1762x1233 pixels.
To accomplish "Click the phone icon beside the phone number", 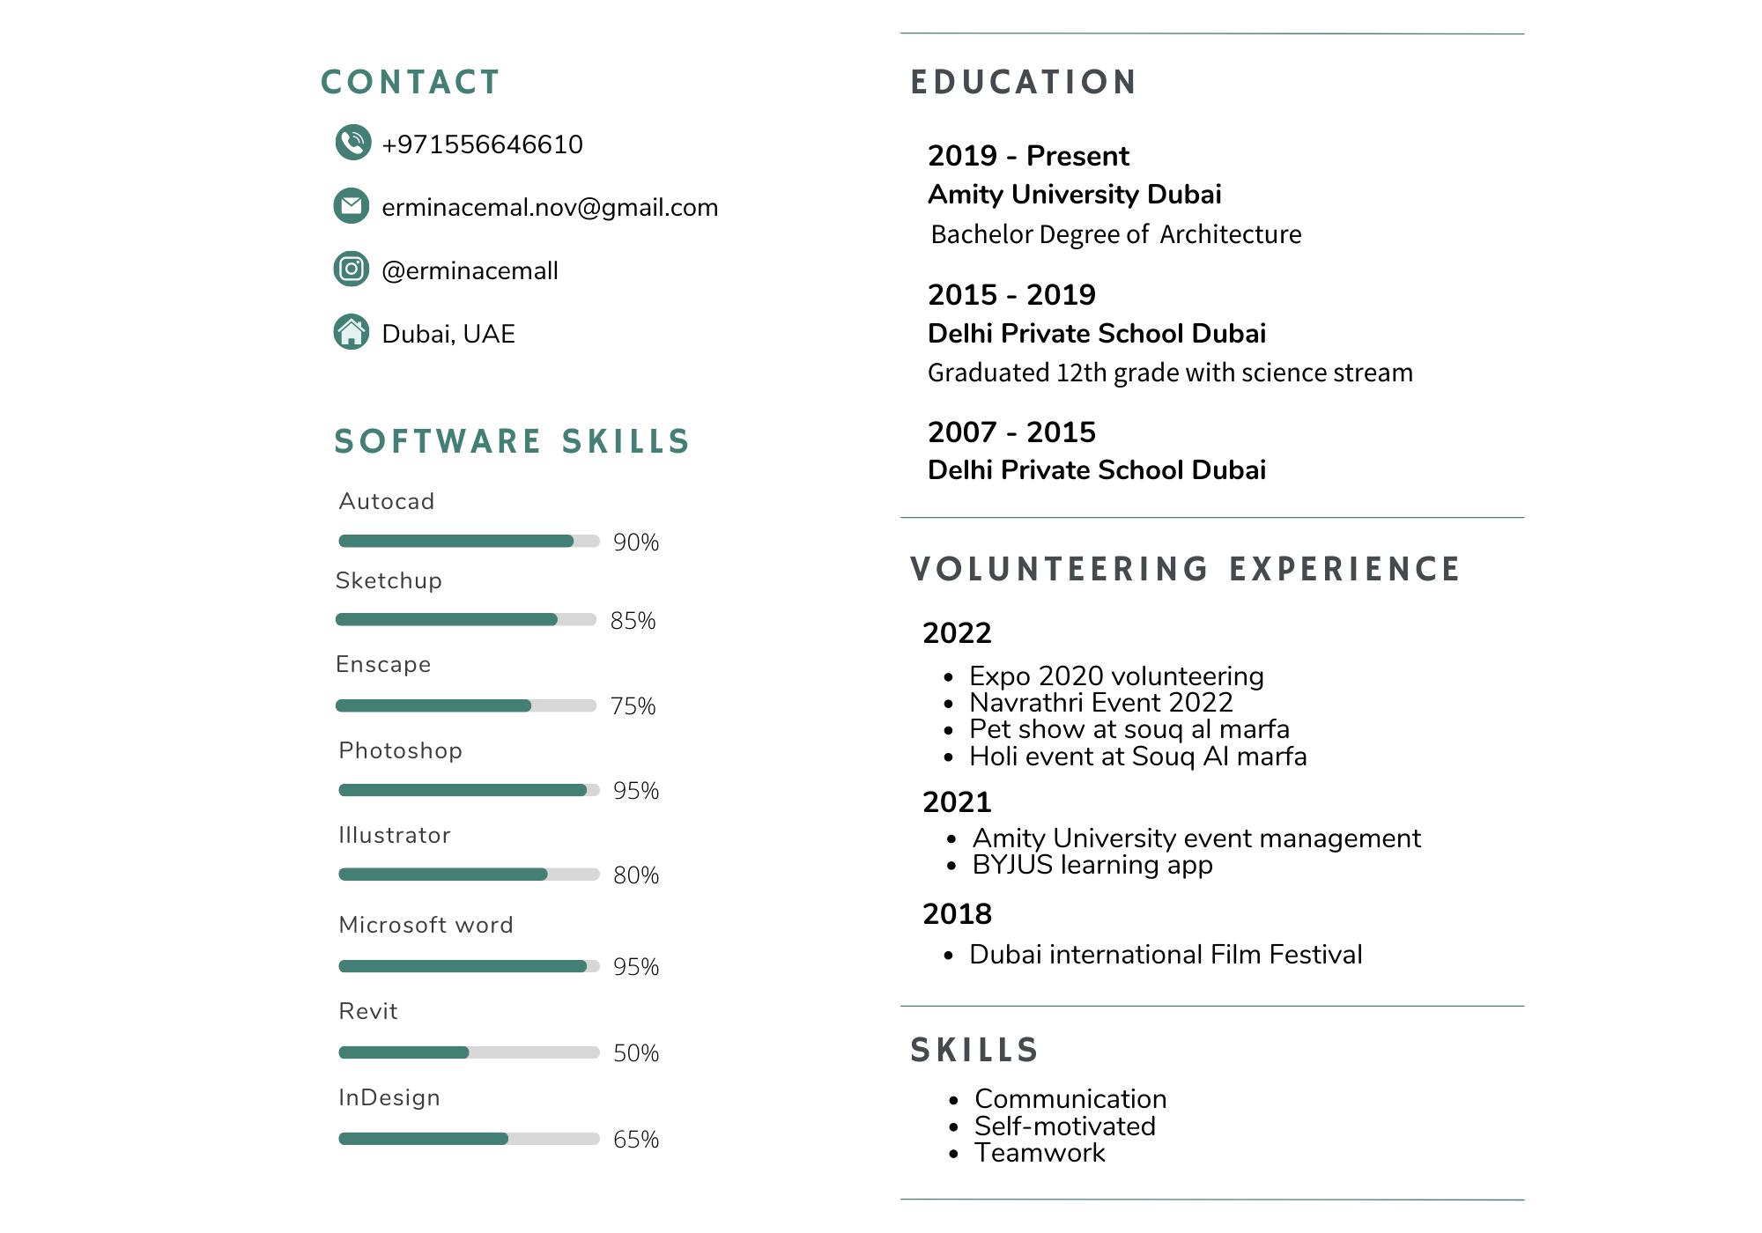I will [352, 143].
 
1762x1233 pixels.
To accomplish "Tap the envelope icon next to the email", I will [352, 206].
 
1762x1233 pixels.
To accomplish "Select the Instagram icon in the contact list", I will [352, 269].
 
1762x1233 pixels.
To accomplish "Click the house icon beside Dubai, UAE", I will [352, 333].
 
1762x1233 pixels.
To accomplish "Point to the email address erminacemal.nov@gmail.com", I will [550, 208].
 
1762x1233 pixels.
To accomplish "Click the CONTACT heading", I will [411, 83].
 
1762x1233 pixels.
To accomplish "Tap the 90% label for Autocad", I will [636, 543].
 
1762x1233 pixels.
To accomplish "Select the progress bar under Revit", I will [469, 1052].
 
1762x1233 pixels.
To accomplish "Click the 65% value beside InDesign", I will [636, 1140].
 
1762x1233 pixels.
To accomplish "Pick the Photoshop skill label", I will [401, 751].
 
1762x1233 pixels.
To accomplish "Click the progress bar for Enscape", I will [466, 705].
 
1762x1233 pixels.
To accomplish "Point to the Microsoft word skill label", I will [426, 926].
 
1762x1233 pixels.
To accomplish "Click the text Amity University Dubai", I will [1074, 195].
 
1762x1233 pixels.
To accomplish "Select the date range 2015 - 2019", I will [1011, 295].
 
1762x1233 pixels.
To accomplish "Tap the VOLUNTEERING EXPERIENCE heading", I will [1186, 570].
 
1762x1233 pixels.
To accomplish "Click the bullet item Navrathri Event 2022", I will [1100, 703].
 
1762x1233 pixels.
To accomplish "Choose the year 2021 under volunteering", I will [957, 802].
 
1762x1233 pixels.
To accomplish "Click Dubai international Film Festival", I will [1166, 955].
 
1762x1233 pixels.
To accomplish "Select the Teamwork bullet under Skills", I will [1040, 1153].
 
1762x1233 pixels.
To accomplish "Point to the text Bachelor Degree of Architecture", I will [1115, 235].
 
